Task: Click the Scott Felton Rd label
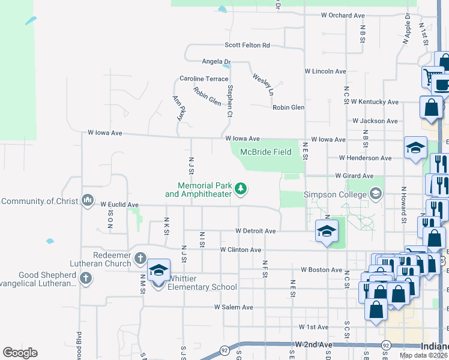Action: click(247, 45)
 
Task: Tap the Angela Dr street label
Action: click(216, 61)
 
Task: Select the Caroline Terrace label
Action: click(204, 79)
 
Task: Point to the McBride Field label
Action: click(266, 152)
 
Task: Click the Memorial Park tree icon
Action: click(241, 190)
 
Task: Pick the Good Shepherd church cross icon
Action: click(85, 278)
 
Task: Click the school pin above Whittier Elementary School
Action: click(158, 271)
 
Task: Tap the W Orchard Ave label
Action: click(343, 15)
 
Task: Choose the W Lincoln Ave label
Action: click(325, 71)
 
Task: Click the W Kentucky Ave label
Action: click(375, 102)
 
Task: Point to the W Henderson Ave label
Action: click(365, 158)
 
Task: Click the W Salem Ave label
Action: click(234, 307)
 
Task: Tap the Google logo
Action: click(20, 353)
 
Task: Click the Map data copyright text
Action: click(423, 355)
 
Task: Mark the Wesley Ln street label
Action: click(263, 85)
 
